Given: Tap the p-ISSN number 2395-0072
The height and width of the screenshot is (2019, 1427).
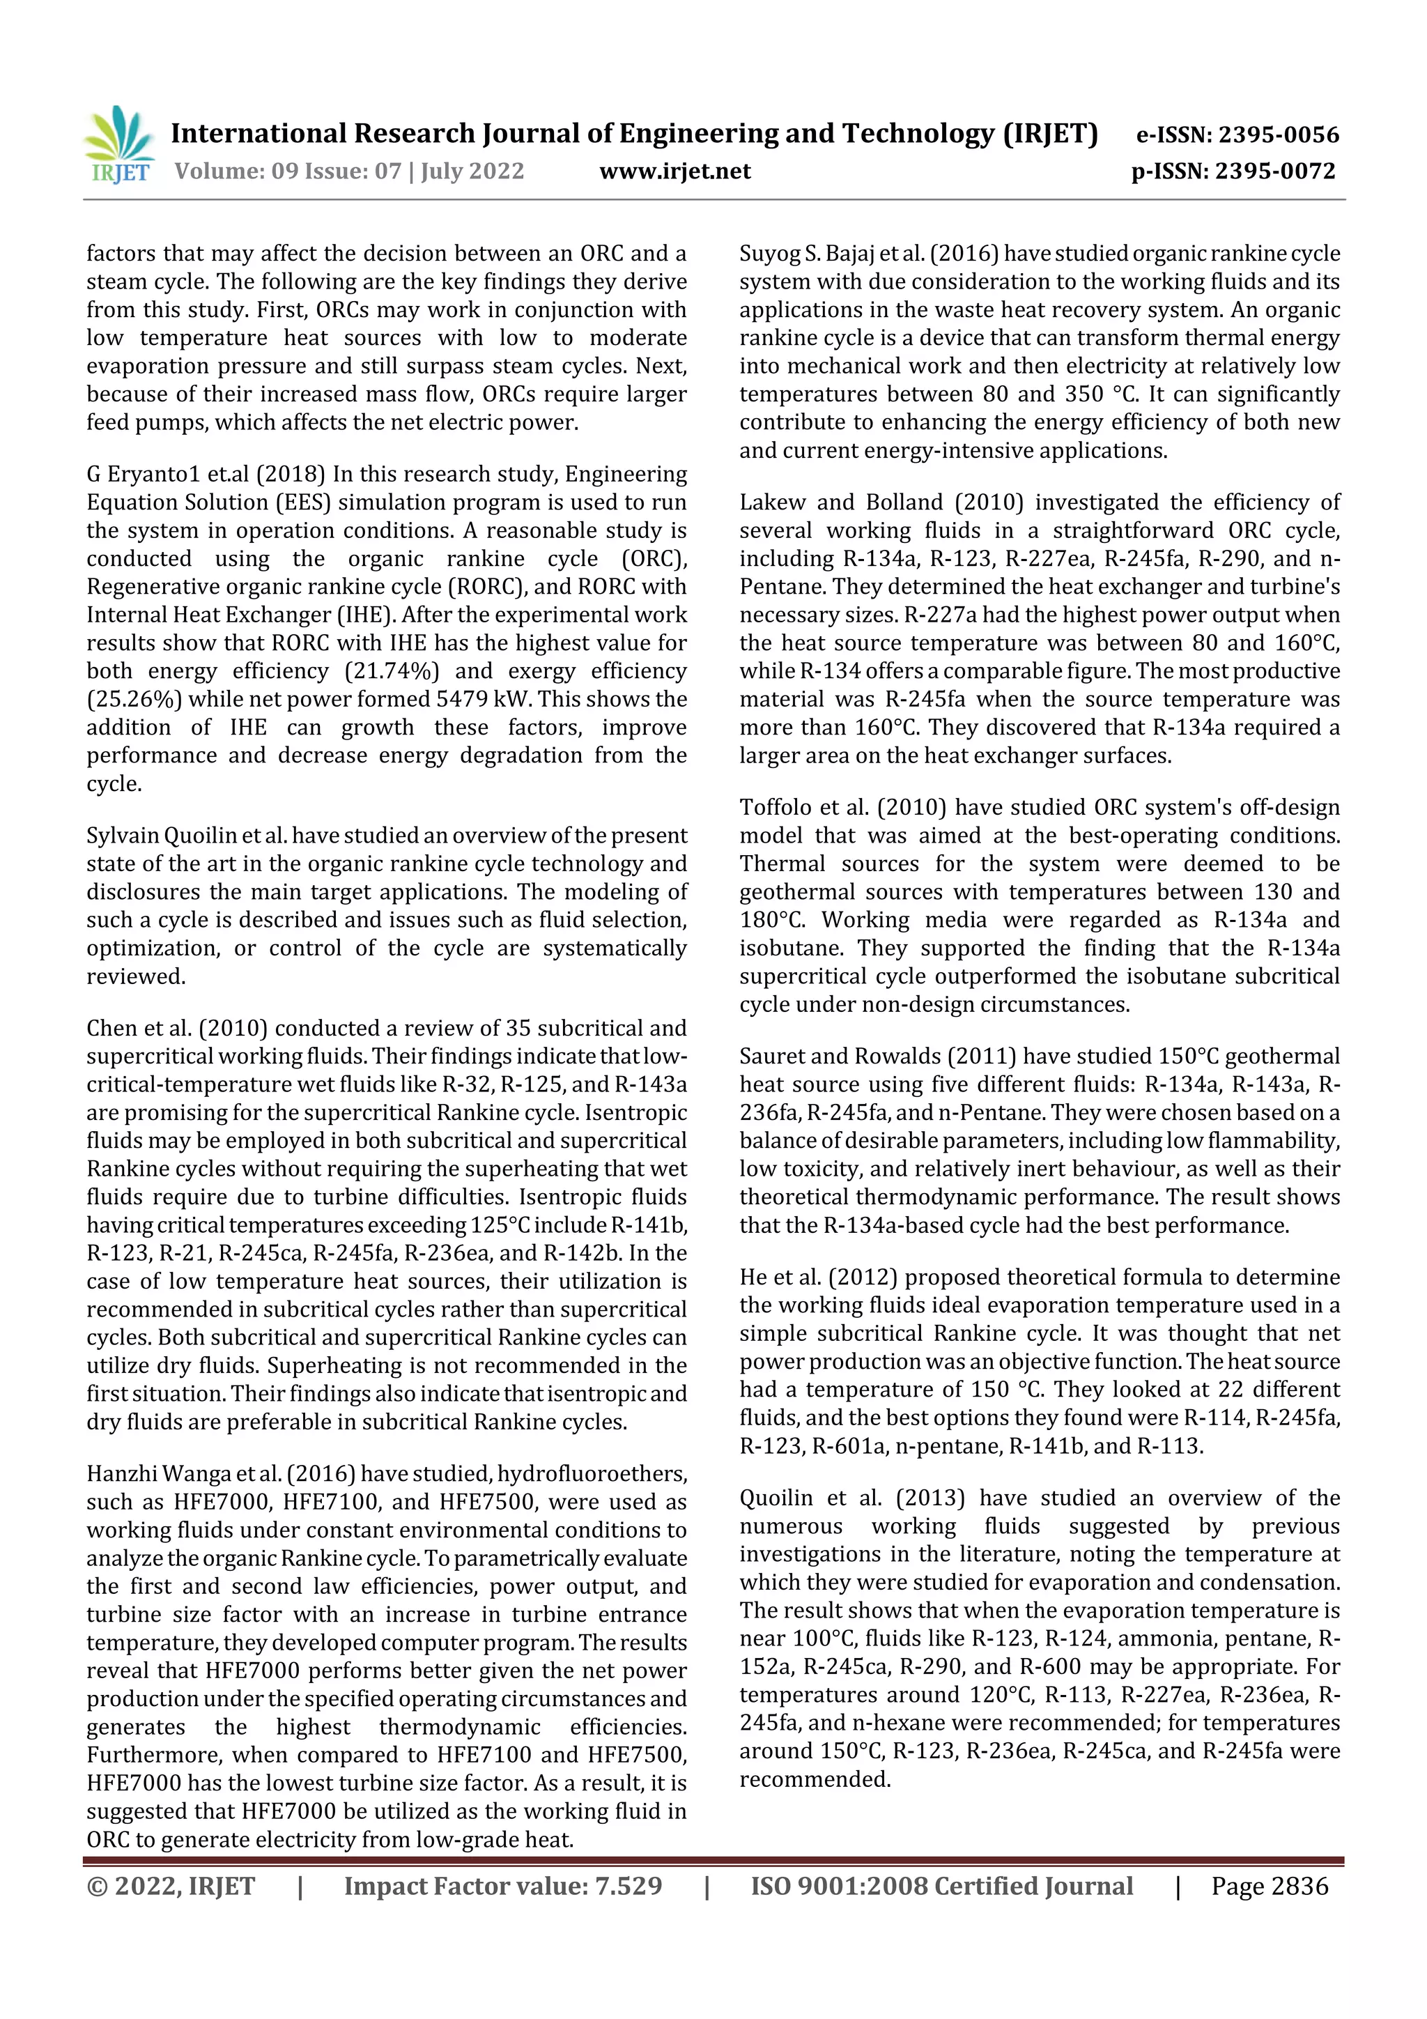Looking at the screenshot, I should coord(1275,171).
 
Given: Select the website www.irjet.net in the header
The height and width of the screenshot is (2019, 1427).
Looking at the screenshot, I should coord(674,171).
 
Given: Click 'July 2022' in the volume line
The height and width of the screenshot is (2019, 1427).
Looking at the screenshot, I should coord(472,171).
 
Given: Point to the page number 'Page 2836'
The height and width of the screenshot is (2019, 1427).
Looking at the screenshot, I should coord(1269,1886).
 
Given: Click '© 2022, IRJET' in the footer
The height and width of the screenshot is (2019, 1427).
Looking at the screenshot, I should coord(171,1886).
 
